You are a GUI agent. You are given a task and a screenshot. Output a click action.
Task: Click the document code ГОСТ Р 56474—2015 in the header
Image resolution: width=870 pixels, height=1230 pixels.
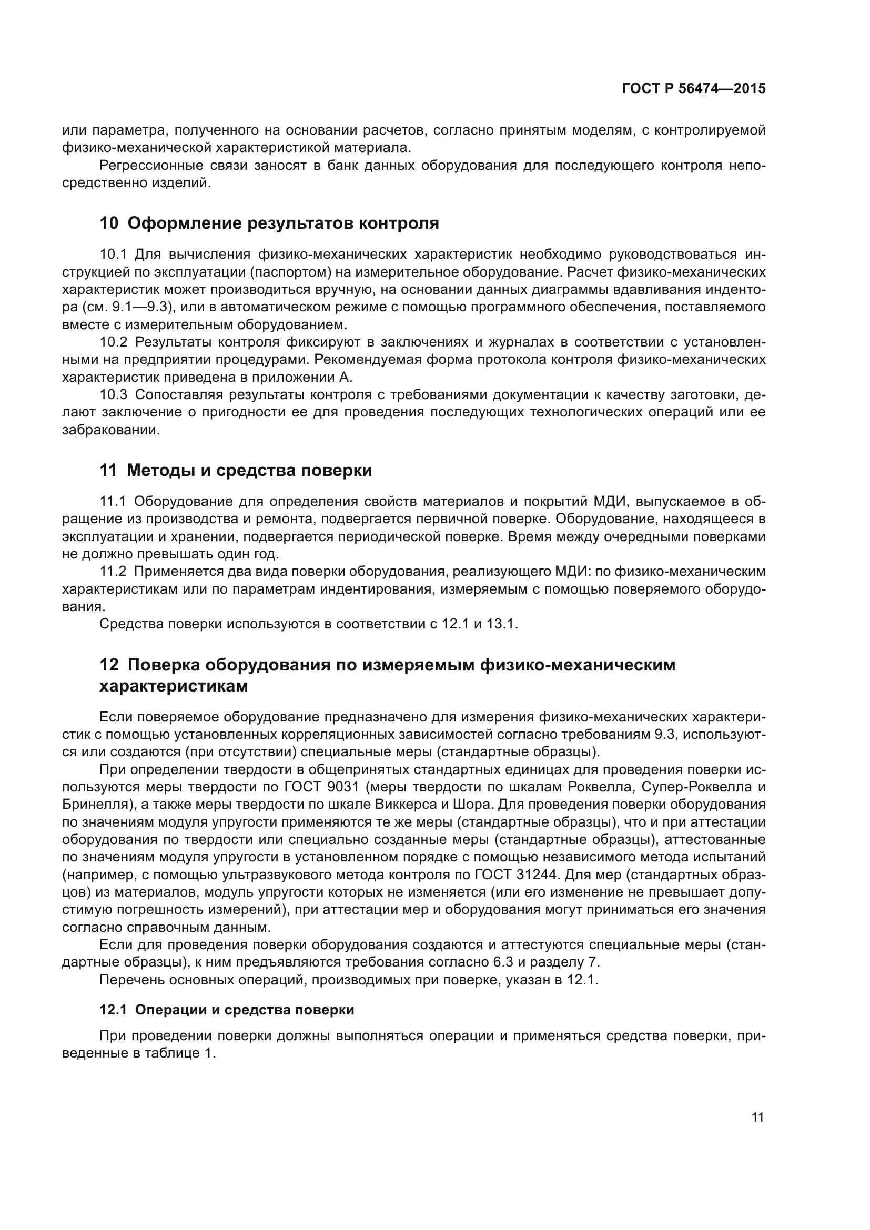coord(694,88)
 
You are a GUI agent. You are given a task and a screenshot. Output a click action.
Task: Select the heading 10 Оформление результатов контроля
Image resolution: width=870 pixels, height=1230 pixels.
coord(269,223)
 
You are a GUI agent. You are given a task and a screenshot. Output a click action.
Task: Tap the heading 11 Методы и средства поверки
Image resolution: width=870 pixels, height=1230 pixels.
coord(236,470)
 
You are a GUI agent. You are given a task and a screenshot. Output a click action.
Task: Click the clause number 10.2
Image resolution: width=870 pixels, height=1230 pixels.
coord(113,342)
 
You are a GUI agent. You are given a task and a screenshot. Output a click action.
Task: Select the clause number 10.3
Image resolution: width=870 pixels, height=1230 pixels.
coord(113,395)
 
